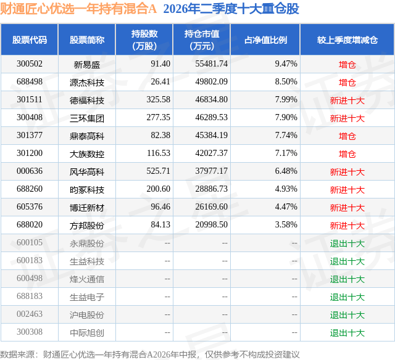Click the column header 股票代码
30,39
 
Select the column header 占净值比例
265,39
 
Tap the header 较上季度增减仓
347,39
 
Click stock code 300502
30,64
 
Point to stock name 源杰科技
87,83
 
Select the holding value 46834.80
211,100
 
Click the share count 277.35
158,118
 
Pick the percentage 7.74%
286,136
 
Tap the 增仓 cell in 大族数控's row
347,154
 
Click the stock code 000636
30,171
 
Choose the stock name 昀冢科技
87,190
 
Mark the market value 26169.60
211,207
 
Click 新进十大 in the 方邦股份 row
347,226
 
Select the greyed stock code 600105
30,242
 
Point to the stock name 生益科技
87,261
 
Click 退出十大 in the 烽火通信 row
347,279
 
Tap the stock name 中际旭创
87,333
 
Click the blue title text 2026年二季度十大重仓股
231,9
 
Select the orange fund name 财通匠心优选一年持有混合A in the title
78,9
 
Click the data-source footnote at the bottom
150,354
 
